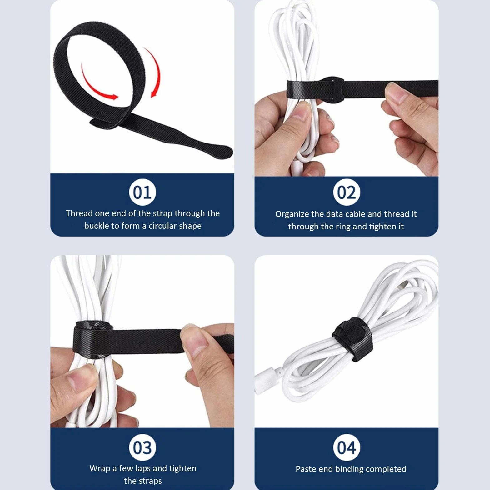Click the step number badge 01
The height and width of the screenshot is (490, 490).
[142, 192]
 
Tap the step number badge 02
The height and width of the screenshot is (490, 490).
[347, 192]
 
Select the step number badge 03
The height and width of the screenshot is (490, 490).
[142, 447]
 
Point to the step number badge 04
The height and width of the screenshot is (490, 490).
[347, 447]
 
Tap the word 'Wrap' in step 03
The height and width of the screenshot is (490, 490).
[100, 468]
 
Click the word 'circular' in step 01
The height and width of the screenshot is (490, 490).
[162, 226]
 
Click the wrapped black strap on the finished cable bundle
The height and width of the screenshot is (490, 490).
[352, 339]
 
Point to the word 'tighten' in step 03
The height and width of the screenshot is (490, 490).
[183, 469]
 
